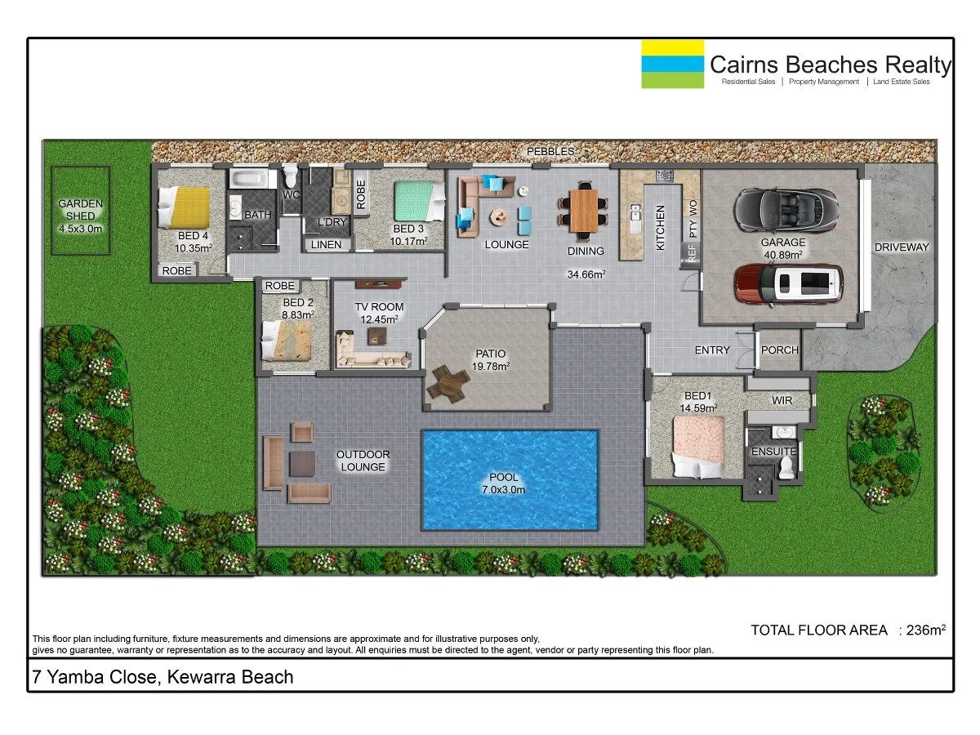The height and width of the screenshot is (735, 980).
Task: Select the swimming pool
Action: point(509,479)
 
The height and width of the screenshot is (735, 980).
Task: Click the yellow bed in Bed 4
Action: point(190,207)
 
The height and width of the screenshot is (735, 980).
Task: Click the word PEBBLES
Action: point(550,152)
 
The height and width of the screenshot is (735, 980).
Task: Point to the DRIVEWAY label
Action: point(902,247)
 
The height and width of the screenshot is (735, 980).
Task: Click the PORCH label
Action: point(779,350)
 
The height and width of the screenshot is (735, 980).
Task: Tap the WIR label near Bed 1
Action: point(782,401)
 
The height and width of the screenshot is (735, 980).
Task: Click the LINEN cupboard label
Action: point(327,244)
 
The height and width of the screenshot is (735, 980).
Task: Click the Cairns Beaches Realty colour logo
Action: point(672,64)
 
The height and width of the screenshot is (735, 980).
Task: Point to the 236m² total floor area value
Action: point(926,630)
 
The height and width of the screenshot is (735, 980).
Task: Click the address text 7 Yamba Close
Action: point(162,677)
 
